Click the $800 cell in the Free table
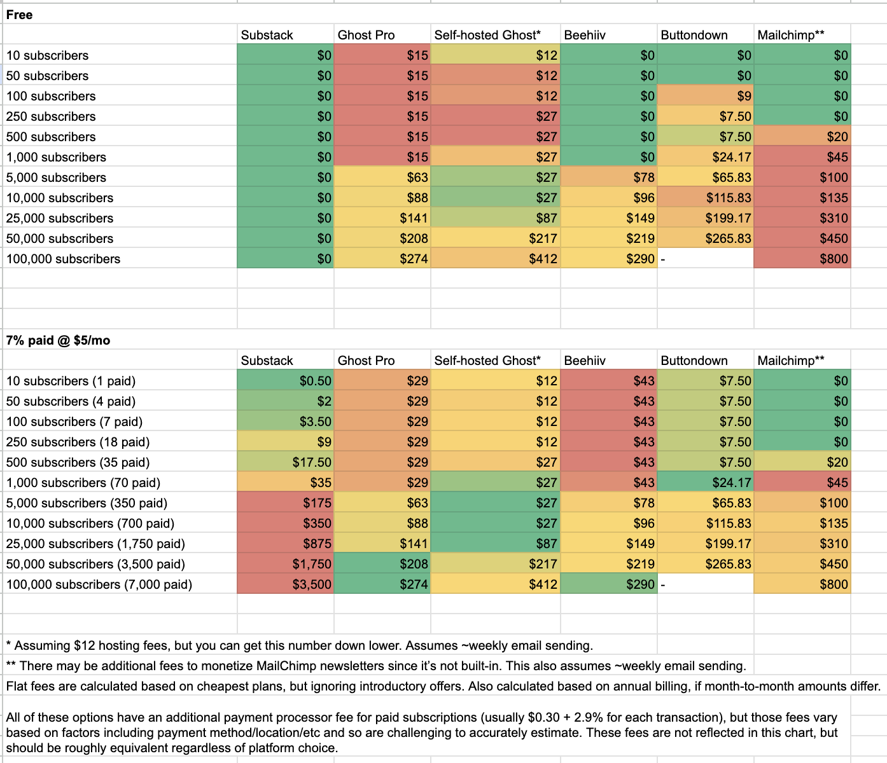(x=802, y=259)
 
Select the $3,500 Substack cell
(x=286, y=584)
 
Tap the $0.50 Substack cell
(x=286, y=381)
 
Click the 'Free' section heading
(x=20, y=15)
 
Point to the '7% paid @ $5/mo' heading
(x=58, y=340)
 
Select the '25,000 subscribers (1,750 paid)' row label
(x=95, y=544)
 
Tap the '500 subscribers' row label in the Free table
(x=51, y=137)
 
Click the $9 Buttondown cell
(x=705, y=96)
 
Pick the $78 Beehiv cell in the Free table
(x=608, y=177)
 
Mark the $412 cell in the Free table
(x=496, y=259)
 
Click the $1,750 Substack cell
(x=286, y=564)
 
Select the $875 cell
(x=286, y=544)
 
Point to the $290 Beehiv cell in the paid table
(x=608, y=584)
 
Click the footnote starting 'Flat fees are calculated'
(x=443, y=686)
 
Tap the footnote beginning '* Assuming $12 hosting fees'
(x=299, y=645)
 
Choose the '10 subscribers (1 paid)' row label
(x=71, y=381)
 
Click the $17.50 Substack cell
(x=286, y=462)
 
